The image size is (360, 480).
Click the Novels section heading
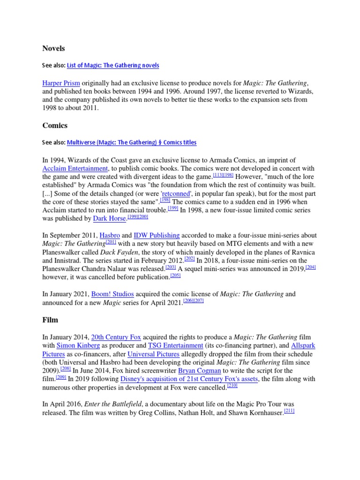(x=53, y=48)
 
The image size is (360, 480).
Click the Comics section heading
(x=55, y=125)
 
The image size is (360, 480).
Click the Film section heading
(x=50, y=320)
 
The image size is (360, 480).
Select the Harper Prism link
(x=61, y=82)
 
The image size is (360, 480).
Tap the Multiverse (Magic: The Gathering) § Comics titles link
(x=132, y=142)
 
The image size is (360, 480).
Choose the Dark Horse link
(x=110, y=218)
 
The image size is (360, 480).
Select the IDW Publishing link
(x=157, y=235)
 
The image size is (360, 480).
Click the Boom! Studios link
(x=112, y=294)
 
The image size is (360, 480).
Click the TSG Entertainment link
(x=175, y=345)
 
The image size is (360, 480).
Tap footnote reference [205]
(x=175, y=276)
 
